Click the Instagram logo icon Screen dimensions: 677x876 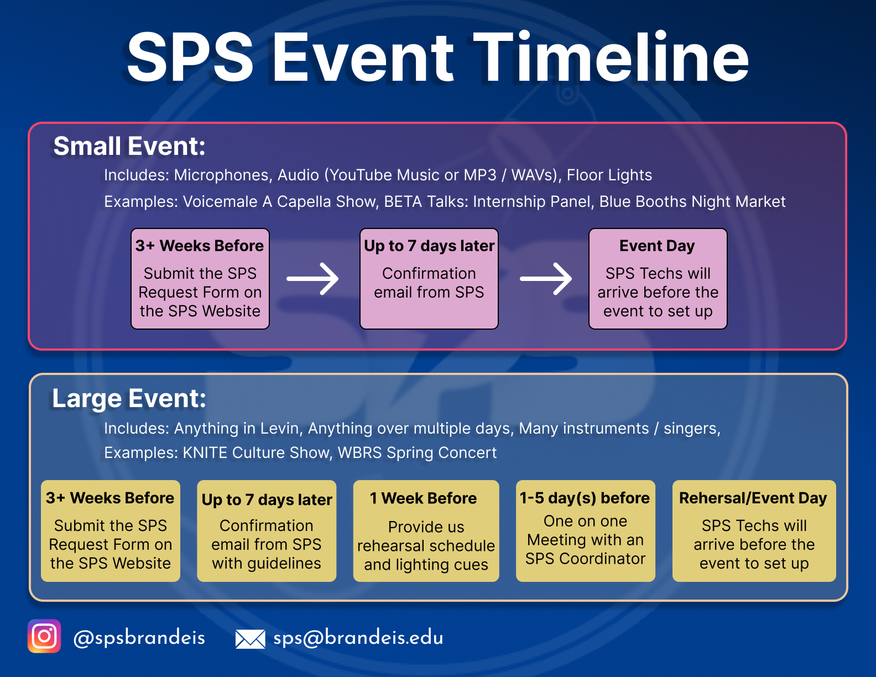(x=44, y=636)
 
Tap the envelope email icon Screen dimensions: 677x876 (x=250, y=639)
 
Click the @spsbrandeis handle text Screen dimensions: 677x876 (x=139, y=638)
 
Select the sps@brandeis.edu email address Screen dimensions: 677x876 (x=358, y=638)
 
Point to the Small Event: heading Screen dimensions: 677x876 (x=129, y=147)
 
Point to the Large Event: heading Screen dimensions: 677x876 (x=129, y=398)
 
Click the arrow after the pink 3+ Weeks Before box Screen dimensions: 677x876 (x=313, y=279)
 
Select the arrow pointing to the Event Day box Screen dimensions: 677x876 (x=546, y=279)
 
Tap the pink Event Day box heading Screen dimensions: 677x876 (x=657, y=246)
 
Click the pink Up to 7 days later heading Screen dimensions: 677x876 (x=429, y=246)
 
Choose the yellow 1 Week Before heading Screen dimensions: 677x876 (x=423, y=498)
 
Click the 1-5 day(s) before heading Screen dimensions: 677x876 (x=585, y=498)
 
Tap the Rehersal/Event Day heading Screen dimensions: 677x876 (x=753, y=498)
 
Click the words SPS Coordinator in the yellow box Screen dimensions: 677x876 (x=585, y=559)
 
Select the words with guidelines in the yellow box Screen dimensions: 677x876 (x=267, y=563)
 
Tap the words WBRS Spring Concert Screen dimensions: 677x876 (x=417, y=452)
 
